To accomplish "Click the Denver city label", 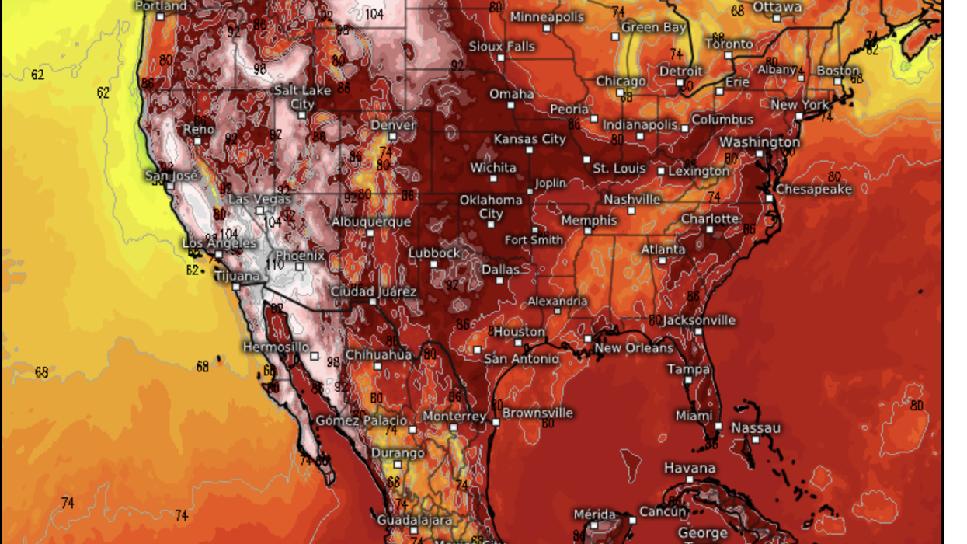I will point(393,124).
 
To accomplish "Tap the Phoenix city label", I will point(300,255).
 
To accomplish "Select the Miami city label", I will point(694,416).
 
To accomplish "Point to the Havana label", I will point(689,468).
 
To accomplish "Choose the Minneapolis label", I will point(546,16).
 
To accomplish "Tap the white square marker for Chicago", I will point(620,93).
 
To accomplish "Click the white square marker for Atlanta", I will point(661,261).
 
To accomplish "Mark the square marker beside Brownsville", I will point(496,421).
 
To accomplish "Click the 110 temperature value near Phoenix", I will point(275,265).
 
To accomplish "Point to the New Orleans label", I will point(634,348).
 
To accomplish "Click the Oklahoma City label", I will point(491,207).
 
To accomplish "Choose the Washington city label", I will point(759,142).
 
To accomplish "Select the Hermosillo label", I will point(276,347).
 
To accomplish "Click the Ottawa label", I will point(777,6).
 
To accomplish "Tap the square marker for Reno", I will point(199,141).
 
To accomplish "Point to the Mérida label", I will point(594,514).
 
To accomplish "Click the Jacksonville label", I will point(699,320).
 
